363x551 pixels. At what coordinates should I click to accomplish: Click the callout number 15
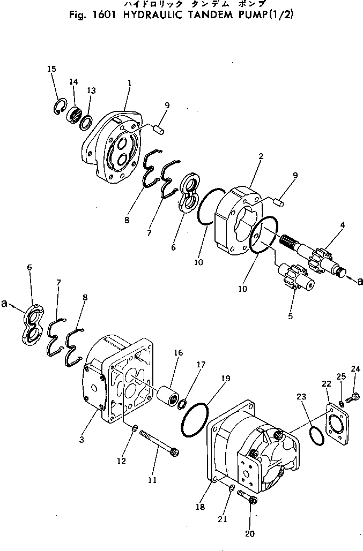pos(51,69)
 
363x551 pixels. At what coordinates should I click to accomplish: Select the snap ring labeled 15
pos(62,107)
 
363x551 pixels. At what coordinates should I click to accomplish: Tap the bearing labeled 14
pos(75,114)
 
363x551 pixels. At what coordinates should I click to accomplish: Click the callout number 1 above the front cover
pos(129,83)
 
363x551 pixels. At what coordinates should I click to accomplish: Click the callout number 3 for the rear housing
pos(82,440)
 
